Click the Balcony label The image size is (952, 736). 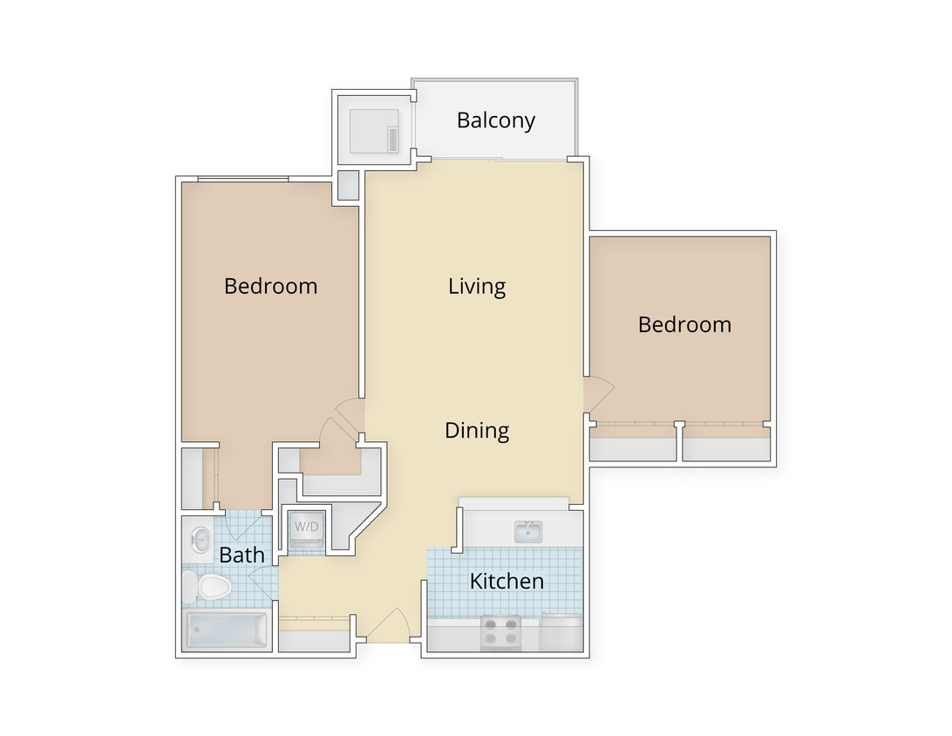click(495, 120)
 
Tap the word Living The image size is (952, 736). click(477, 286)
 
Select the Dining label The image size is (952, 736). click(477, 430)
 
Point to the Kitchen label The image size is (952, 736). click(507, 581)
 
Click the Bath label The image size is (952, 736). click(241, 555)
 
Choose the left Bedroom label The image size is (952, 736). click(270, 286)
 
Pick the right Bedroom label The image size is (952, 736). click(684, 324)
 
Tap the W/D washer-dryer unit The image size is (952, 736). click(306, 530)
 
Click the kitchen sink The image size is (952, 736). click(528, 532)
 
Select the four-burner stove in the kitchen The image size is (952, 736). click(500, 632)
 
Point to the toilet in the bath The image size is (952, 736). click(209, 587)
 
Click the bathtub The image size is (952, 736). click(227, 630)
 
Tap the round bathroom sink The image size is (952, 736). click(199, 539)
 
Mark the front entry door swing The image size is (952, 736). click(391, 624)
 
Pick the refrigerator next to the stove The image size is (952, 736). click(560, 632)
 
